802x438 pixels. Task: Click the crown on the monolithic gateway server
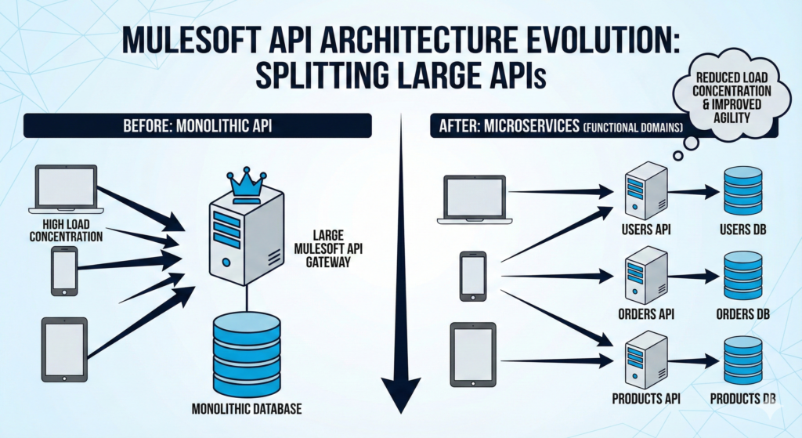click(247, 182)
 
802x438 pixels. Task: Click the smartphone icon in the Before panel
click(64, 270)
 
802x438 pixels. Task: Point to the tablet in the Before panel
click(64, 349)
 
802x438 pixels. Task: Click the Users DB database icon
click(742, 191)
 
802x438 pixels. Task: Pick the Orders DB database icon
click(742, 275)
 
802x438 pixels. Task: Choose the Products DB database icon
click(742, 358)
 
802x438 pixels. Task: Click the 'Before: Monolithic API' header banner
click(198, 125)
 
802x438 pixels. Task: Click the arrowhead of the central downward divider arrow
click(400, 396)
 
